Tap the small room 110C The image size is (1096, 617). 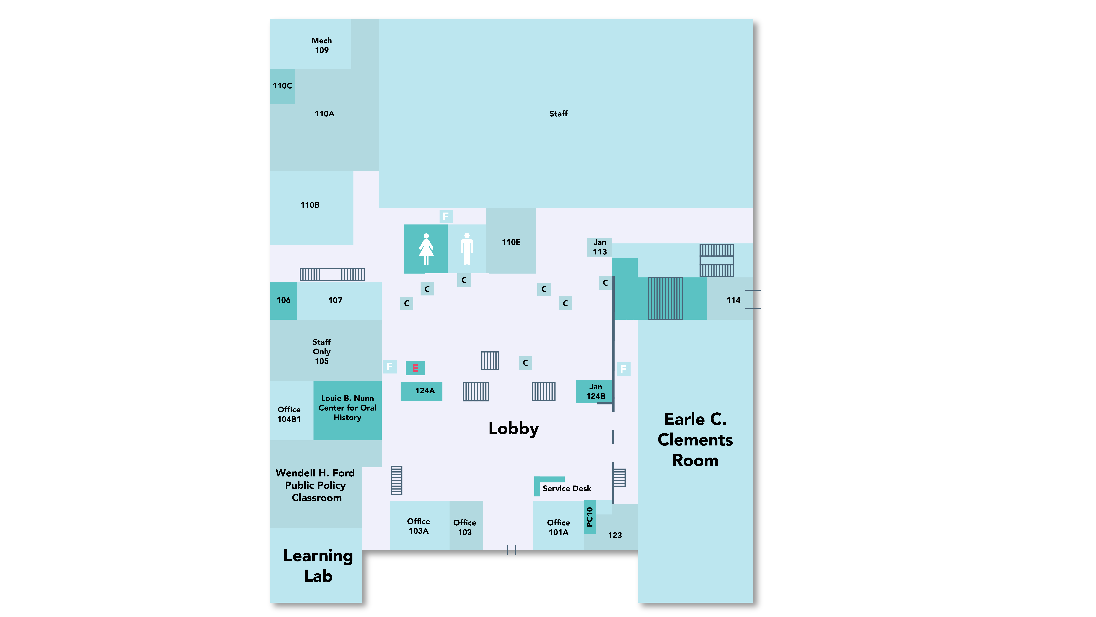coord(282,86)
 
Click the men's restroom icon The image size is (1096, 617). coord(467,249)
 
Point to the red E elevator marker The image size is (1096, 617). coord(415,368)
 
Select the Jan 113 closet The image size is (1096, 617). coord(599,247)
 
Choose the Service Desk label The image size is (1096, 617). coord(566,488)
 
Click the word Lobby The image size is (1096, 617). coord(513,428)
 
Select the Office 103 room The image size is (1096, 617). coord(465,527)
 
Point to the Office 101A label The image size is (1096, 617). coord(558,527)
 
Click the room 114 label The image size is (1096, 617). coord(733,300)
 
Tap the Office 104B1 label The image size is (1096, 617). coord(289,414)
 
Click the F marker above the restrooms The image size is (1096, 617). coord(445,216)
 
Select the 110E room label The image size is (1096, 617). coord(511,242)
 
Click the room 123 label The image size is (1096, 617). coord(614,535)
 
